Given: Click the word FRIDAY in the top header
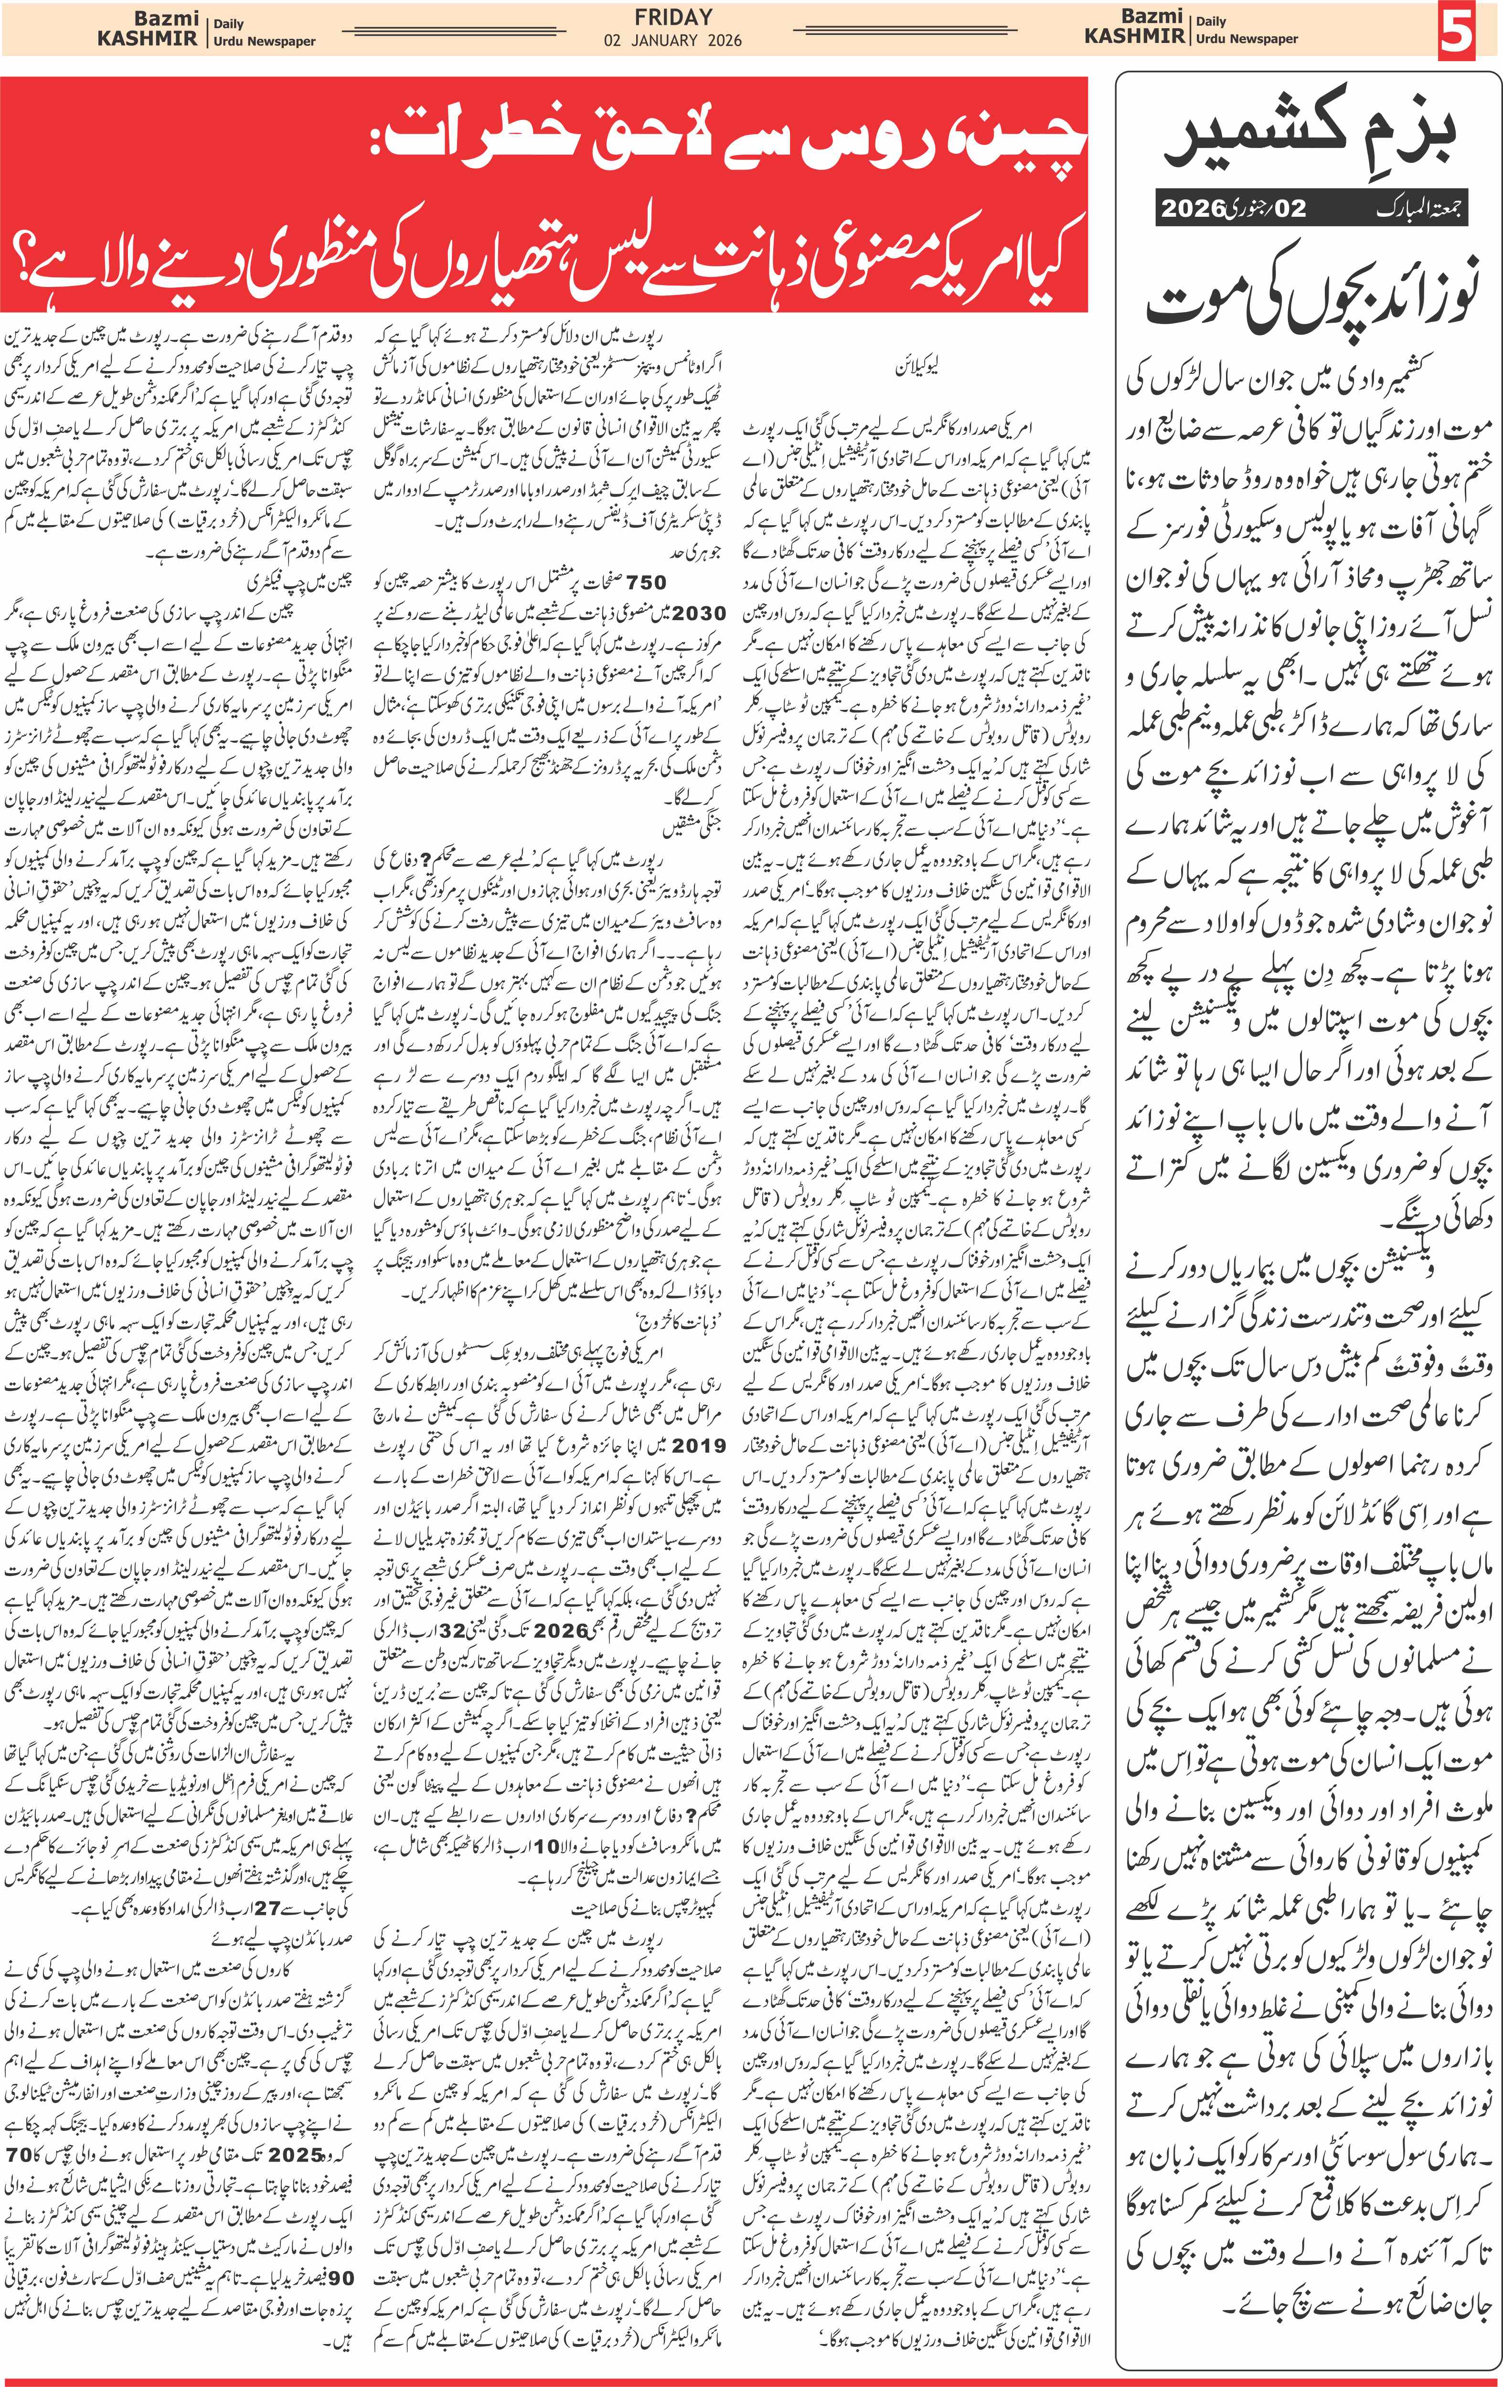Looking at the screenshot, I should (x=673, y=17).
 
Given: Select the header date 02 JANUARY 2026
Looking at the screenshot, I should (x=673, y=41).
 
